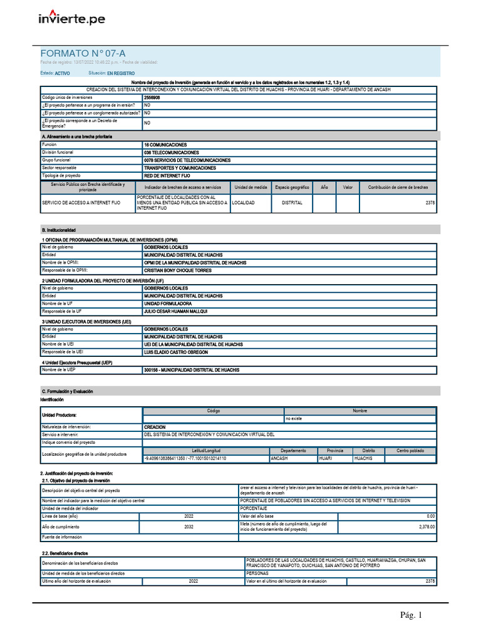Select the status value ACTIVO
tap(63, 73)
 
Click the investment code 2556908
tap(152, 98)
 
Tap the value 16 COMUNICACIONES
tap(165, 145)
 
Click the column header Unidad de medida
tap(251, 187)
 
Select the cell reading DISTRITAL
tap(292, 203)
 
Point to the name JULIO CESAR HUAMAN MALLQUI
tap(175, 311)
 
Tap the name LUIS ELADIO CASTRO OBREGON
tap(177, 352)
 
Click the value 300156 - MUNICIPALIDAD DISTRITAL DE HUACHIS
tap(192, 370)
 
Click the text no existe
tap(294, 418)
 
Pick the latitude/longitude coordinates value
tap(185, 459)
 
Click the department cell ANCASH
tap(279, 459)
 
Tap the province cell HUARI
tap(326, 459)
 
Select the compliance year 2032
tap(189, 527)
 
